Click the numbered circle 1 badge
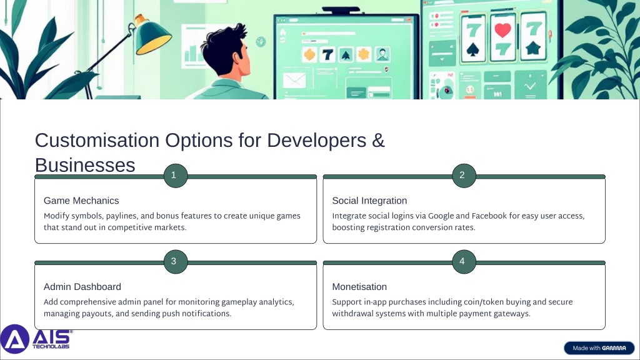click(x=176, y=176)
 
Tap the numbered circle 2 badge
click(x=464, y=176)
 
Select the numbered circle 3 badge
click(x=176, y=262)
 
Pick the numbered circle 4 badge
click(x=464, y=262)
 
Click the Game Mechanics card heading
click(x=81, y=201)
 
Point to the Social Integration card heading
click(x=369, y=201)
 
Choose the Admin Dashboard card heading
click(x=82, y=287)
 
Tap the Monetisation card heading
click(x=359, y=287)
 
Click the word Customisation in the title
click(x=97, y=141)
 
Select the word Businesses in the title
click(x=85, y=165)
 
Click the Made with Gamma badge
click(x=599, y=348)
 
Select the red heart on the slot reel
click(x=502, y=30)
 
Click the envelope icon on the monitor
click(x=294, y=80)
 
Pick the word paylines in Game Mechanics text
click(x=123, y=216)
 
